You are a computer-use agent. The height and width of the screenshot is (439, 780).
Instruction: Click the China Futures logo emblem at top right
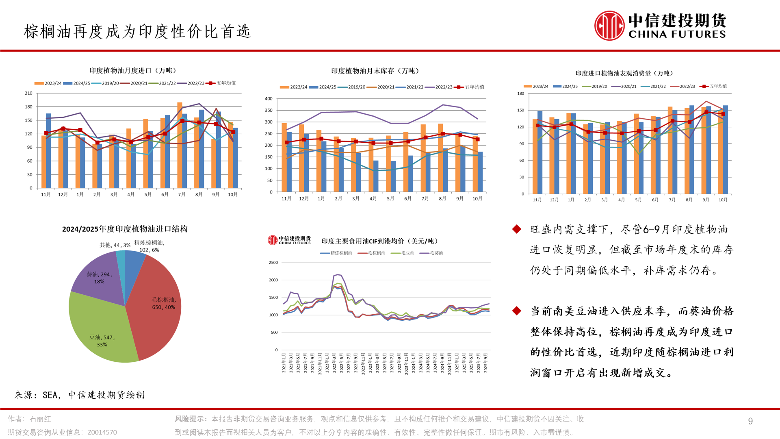[x=609, y=26]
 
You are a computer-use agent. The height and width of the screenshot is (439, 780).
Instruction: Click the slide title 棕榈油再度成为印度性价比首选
[x=137, y=31]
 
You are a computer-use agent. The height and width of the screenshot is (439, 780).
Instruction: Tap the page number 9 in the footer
[x=750, y=421]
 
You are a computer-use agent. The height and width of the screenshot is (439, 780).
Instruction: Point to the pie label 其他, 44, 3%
[x=115, y=245]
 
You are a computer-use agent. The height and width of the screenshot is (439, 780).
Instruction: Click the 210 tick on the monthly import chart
[x=28, y=93]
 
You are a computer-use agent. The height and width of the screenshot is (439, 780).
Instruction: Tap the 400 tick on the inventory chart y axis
[x=269, y=99]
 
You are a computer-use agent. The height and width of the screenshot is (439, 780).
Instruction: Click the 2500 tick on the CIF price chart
[x=273, y=263]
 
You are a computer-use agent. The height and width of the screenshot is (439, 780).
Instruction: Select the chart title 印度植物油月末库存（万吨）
[x=375, y=71]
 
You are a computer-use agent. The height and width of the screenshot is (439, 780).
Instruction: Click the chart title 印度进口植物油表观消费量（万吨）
[x=625, y=73]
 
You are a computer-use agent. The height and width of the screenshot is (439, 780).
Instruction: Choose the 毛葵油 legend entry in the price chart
[x=431, y=253]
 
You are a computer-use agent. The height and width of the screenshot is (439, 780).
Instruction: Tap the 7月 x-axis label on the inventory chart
[x=425, y=198]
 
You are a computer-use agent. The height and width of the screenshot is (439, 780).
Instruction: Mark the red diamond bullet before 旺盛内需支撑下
[x=517, y=229]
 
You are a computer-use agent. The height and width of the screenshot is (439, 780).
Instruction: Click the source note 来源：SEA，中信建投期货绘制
[x=80, y=395]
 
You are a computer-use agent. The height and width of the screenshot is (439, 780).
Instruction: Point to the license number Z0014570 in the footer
[x=102, y=432]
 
